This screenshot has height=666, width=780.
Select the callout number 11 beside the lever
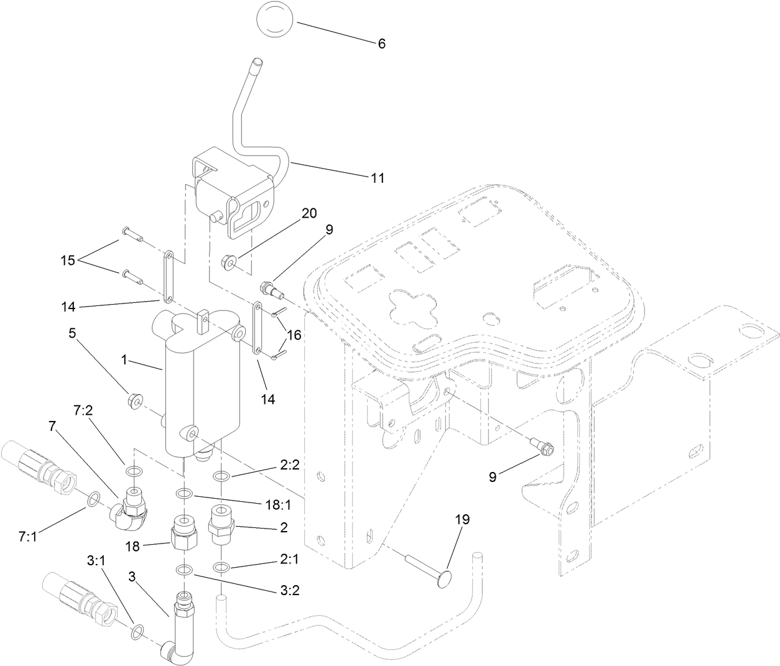coord(378,178)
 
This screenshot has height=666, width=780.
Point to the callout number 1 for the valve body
coord(124,359)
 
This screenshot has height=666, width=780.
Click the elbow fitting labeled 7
coord(131,506)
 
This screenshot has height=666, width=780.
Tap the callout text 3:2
coord(289,590)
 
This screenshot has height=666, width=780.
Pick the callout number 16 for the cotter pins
coord(293,335)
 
